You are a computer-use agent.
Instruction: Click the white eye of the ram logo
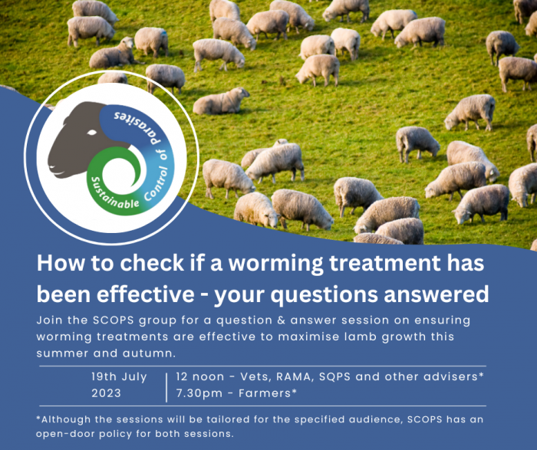point(92,133)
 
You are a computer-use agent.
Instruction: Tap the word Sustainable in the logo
point(113,195)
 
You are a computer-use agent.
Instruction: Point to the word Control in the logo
point(157,184)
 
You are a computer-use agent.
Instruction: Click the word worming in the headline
point(275,264)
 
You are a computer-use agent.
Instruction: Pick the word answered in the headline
point(437,294)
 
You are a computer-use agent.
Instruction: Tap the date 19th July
point(119,376)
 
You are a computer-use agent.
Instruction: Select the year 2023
point(106,393)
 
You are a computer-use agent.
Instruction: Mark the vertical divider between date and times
point(166,387)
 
